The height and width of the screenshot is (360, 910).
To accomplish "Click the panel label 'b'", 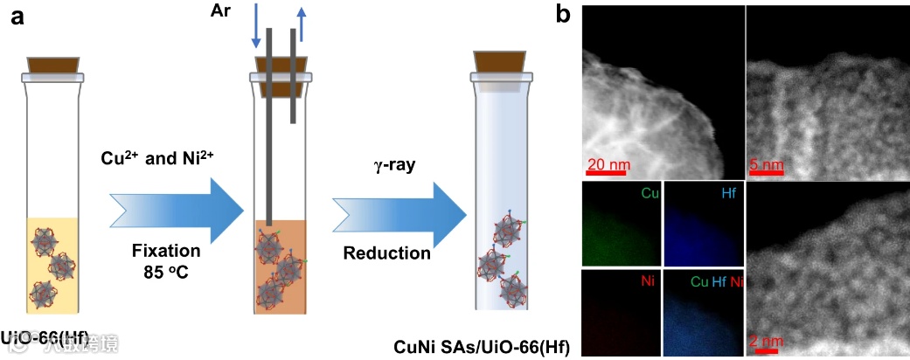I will [565, 14].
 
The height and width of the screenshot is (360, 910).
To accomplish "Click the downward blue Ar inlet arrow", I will [256, 24].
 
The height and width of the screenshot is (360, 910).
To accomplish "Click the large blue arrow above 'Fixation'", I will [175, 209].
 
